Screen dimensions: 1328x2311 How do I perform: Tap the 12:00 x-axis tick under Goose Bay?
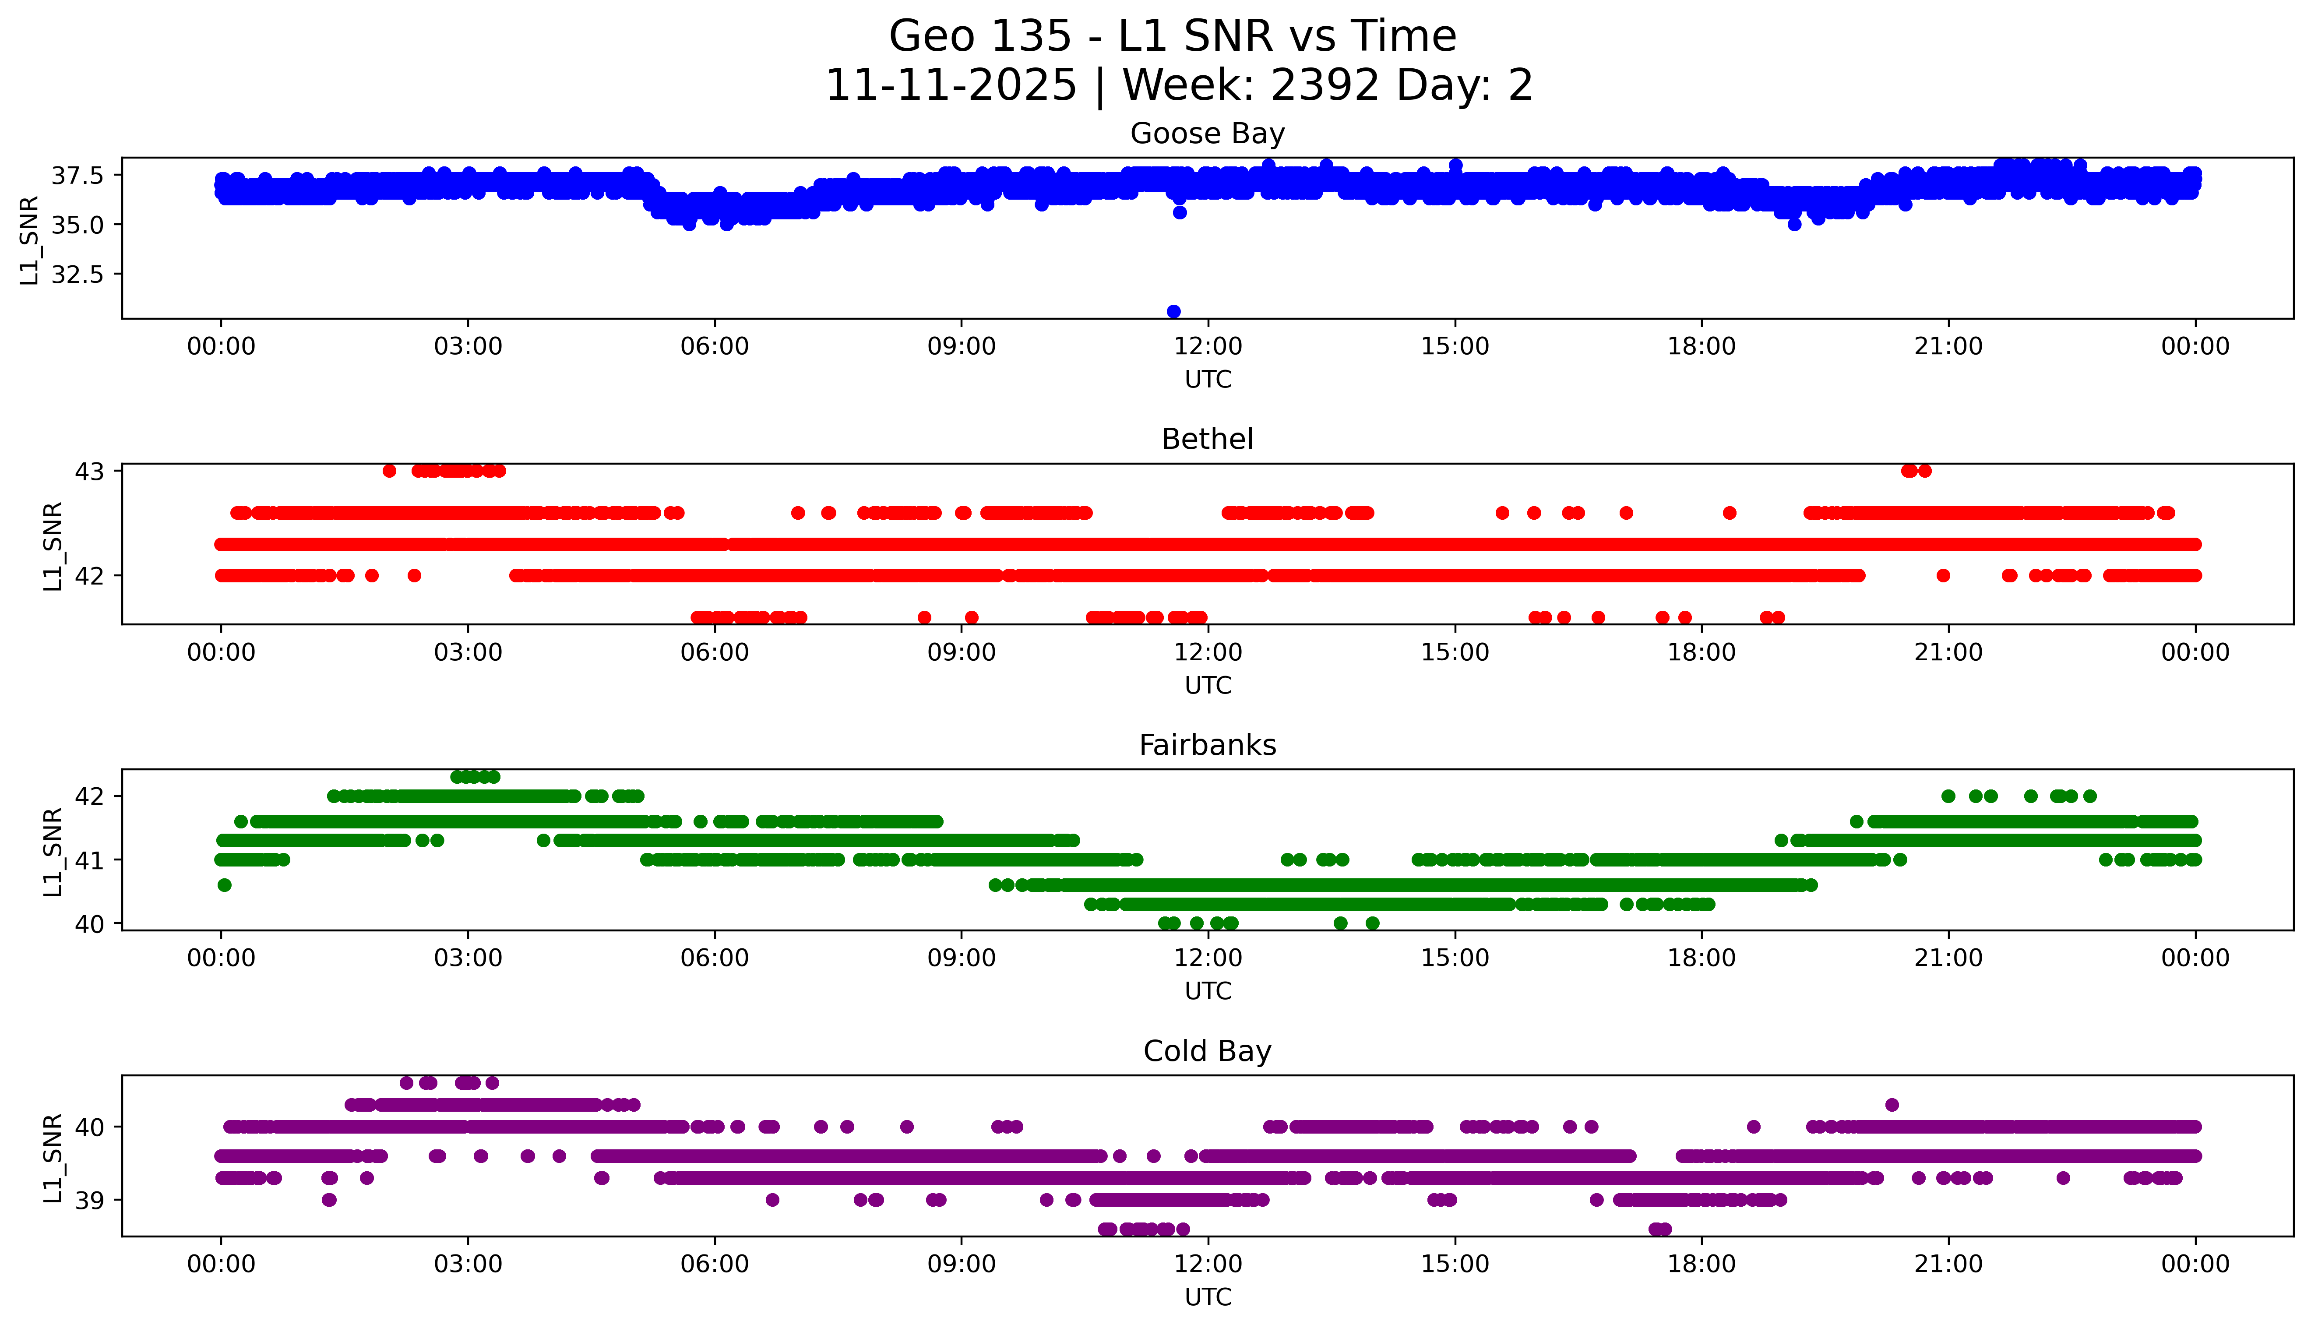pos(1208,347)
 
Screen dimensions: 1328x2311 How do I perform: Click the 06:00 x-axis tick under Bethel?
pos(714,652)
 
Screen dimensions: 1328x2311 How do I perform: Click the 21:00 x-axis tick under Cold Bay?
pos(1948,1264)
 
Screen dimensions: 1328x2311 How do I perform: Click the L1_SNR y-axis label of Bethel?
pos(53,546)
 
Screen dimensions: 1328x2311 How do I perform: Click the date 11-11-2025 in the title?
pos(950,86)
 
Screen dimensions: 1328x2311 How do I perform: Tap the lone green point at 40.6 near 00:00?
pos(224,885)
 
